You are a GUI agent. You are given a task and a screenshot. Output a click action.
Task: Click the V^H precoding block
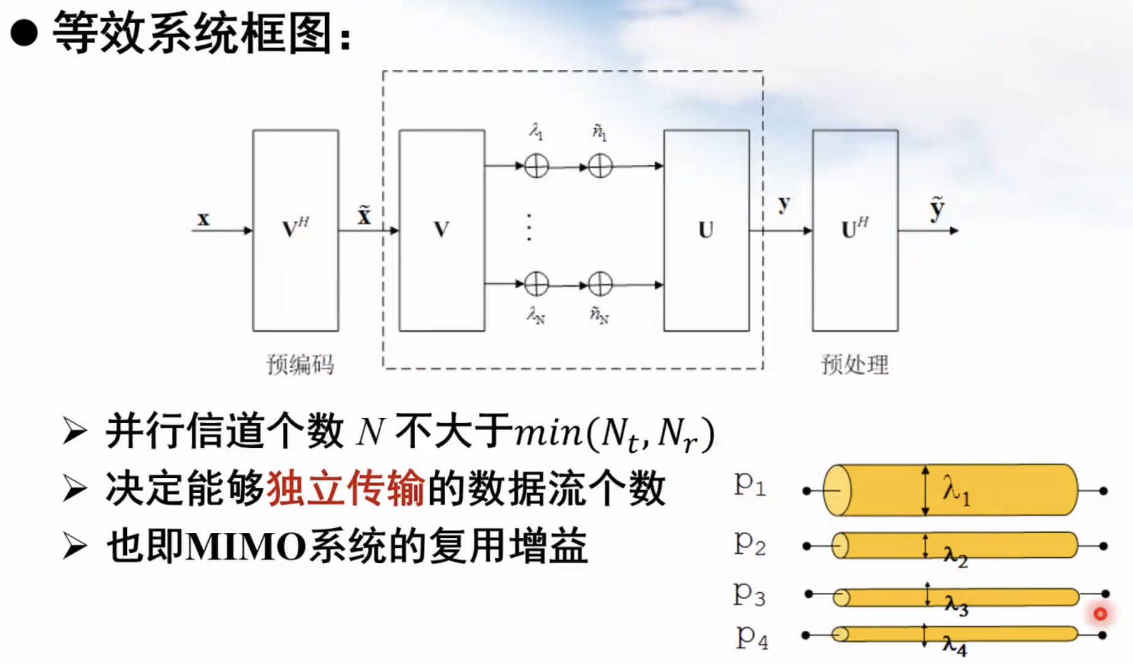[x=295, y=230]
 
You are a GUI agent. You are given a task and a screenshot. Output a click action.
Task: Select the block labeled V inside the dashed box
[x=442, y=230]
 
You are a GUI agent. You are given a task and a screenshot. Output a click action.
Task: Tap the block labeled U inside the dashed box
[x=706, y=230]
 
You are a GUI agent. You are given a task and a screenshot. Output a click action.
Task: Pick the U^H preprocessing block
[x=855, y=230]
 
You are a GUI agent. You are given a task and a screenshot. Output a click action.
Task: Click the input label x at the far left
[x=203, y=219]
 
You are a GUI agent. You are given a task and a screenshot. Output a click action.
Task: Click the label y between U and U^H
[x=784, y=204]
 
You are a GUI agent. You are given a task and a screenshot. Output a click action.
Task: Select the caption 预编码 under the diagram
[x=300, y=364]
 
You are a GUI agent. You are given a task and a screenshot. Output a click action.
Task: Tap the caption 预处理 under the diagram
[x=854, y=364]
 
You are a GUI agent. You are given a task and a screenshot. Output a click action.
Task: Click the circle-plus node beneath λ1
[x=536, y=166]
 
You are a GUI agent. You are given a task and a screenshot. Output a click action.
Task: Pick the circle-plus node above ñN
[x=600, y=284]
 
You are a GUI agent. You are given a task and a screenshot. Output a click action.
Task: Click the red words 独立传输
[x=345, y=489]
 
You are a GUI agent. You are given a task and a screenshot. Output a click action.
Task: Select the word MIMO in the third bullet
[x=245, y=546]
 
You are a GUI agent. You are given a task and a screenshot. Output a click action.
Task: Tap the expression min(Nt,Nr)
[x=614, y=434]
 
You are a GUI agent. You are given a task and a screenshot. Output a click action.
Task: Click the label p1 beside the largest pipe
[x=750, y=485]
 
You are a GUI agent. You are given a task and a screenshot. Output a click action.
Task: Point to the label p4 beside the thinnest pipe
[x=751, y=637]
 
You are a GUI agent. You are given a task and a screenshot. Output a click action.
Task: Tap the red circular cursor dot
[x=1100, y=613]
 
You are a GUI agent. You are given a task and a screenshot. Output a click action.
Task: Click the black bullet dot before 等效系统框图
[x=24, y=33]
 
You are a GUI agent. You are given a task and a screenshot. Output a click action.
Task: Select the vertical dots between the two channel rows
[x=529, y=227]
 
